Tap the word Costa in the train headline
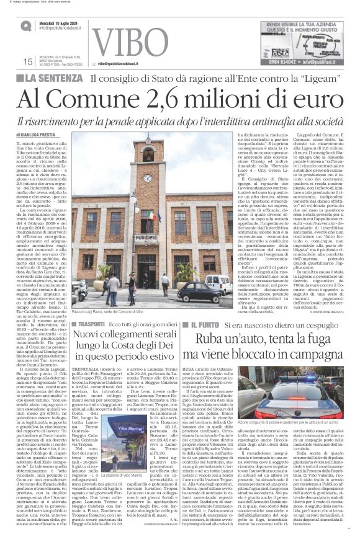coord(160,352)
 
